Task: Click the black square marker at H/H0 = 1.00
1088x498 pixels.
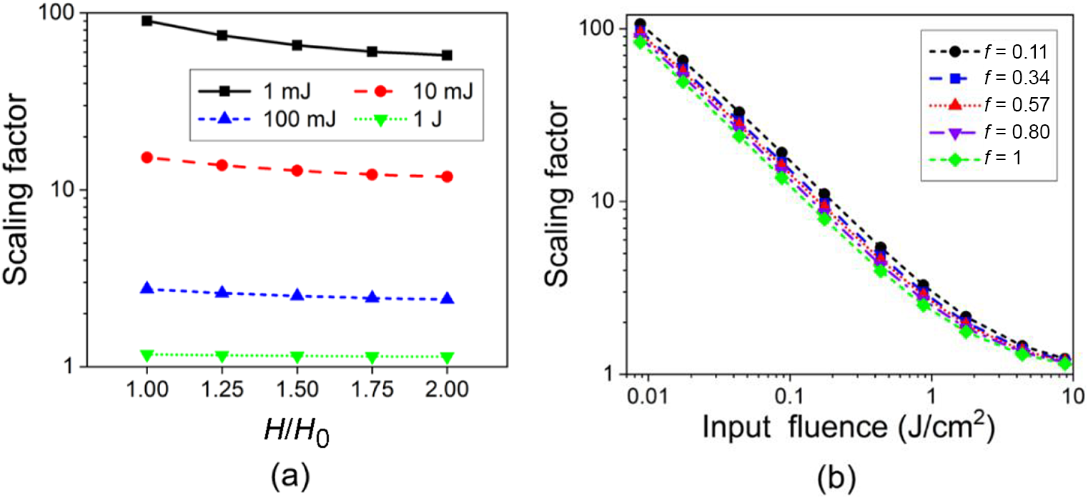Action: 147,21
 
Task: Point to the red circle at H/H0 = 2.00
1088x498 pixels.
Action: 447,176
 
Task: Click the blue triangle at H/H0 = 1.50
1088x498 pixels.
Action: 297,295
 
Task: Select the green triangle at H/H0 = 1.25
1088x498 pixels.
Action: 222,356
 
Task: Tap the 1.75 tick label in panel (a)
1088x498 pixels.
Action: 372,389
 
